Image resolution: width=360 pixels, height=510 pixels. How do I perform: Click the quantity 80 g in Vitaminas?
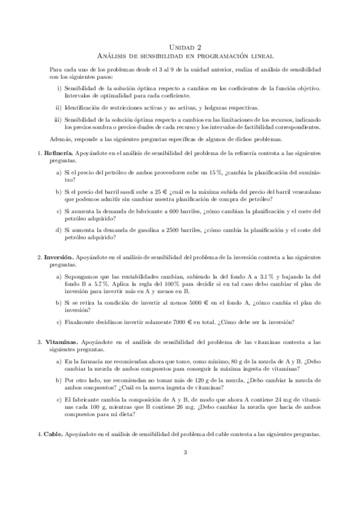point(209,361)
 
